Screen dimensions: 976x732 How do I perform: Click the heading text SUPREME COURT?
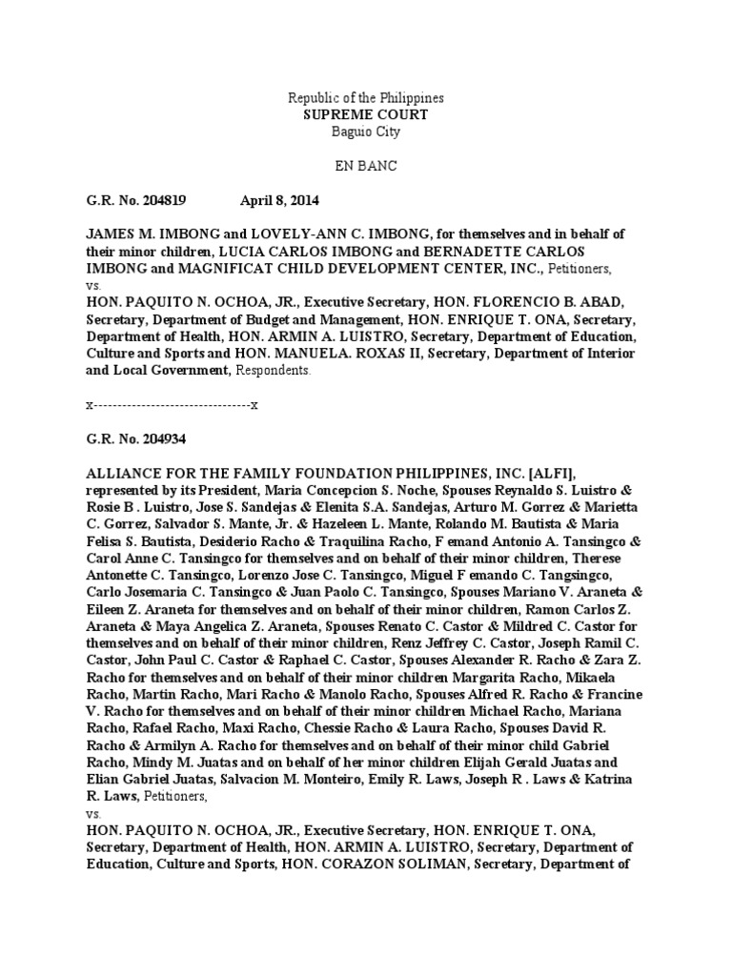click(366, 114)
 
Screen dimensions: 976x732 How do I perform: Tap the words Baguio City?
click(366, 132)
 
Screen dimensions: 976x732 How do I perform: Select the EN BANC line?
click(366, 166)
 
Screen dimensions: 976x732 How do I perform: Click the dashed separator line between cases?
click(173, 405)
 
